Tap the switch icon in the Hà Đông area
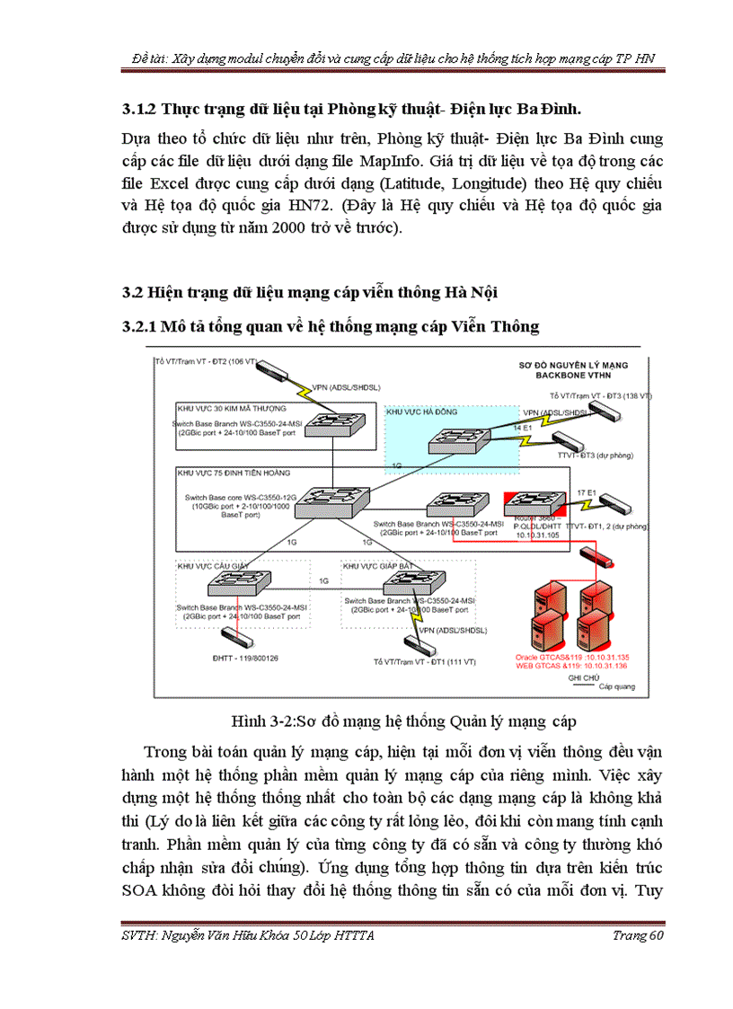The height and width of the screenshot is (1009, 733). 456,439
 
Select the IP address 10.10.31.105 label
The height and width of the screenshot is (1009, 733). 539,535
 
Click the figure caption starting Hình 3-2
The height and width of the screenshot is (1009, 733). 402,721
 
